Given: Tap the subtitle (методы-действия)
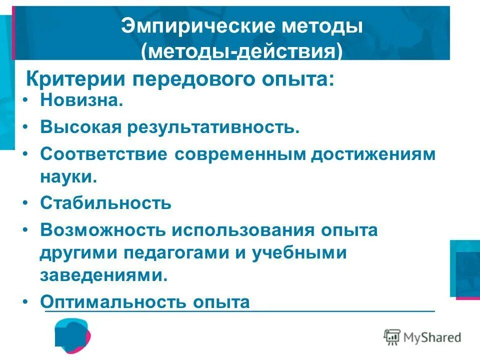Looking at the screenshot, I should click(x=242, y=51).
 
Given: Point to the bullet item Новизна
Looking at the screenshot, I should click(x=81, y=101).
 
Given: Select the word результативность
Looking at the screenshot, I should click(x=214, y=127).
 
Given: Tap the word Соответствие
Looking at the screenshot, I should click(x=103, y=153).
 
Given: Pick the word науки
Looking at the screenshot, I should click(x=68, y=177).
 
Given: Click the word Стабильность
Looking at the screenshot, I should click(x=106, y=203).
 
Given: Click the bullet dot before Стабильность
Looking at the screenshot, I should click(x=26, y=203).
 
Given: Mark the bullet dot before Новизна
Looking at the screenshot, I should click(x=26, y=102).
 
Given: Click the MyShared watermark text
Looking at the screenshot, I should click(x=433, y=337).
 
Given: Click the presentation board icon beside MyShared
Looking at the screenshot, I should click(x=392, y=337).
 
